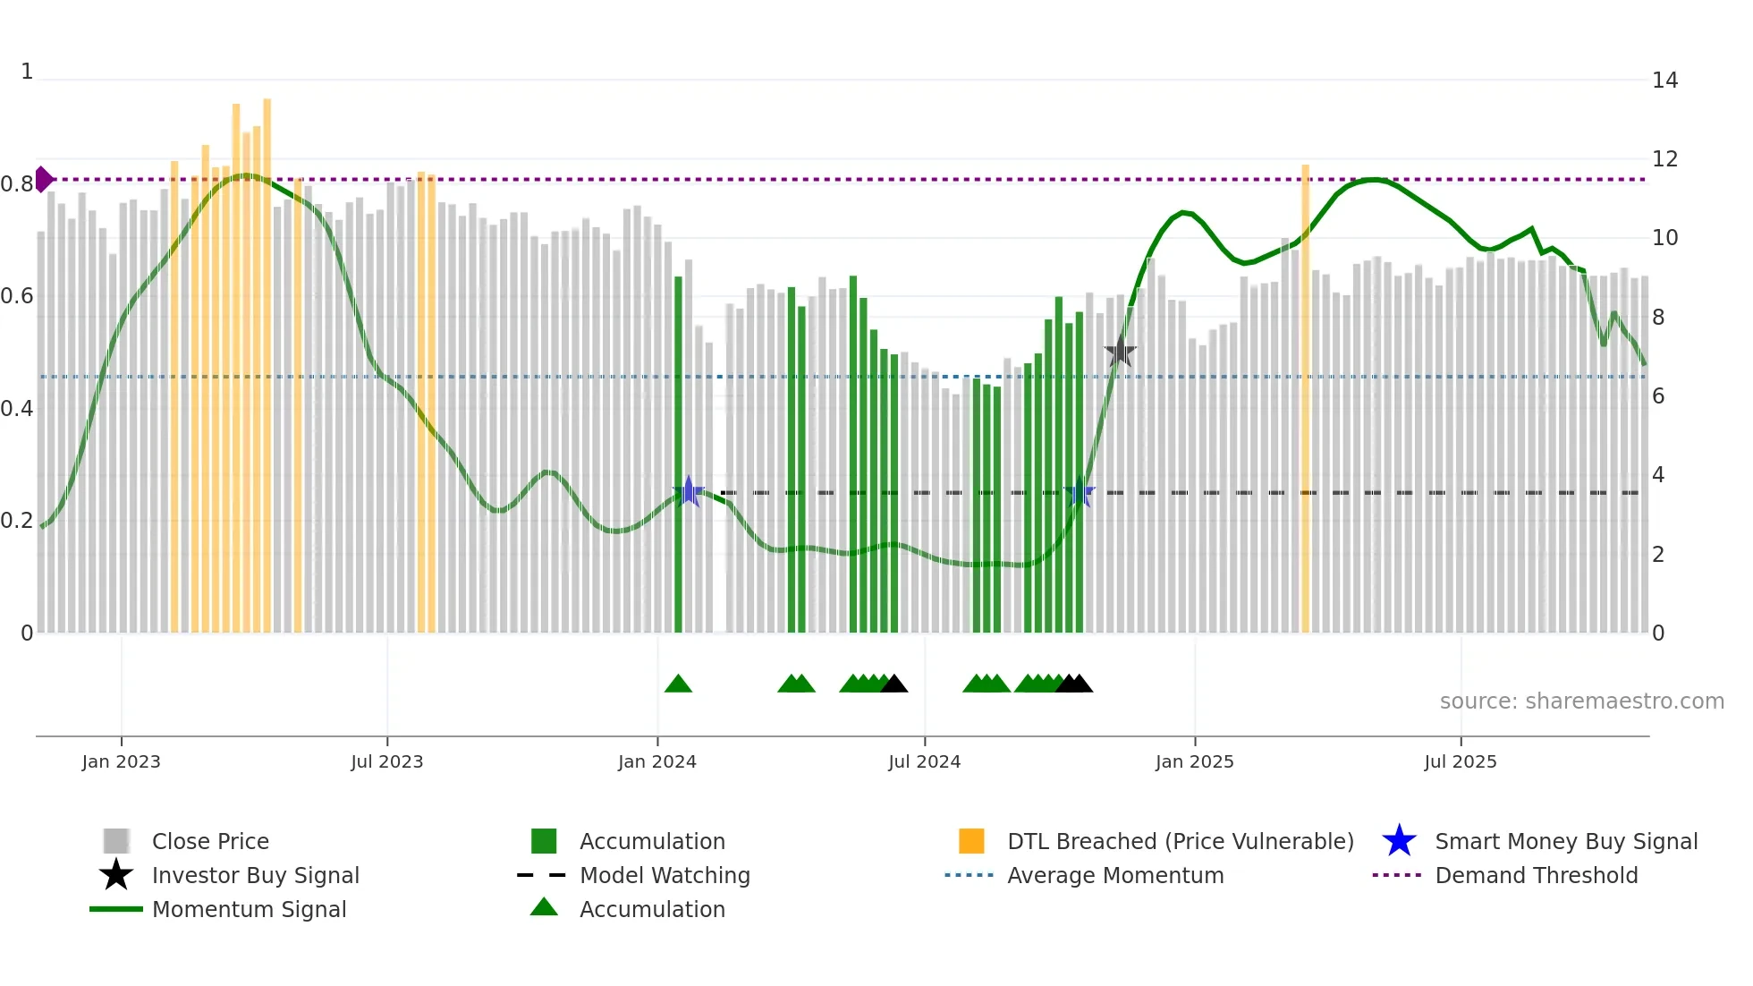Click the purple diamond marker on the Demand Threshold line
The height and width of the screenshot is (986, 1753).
click(x=43, y=179)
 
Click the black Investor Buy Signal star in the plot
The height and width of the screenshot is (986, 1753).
click(x=1120, y=353)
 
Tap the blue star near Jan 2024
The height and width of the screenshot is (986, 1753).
click(x=688, y=491)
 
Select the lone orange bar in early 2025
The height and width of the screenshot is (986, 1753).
click(x=1305, y=398)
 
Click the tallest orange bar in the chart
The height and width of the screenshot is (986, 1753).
click(x=267, y=365)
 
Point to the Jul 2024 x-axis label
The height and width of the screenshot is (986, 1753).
click(x=924, y=761)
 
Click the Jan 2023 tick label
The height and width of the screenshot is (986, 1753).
click(x=121, y=761)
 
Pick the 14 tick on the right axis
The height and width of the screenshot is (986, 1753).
click(x=1664, y=81)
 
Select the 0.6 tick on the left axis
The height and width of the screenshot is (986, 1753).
click(x=16, y=296)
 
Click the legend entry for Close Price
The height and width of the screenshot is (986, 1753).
click(x=210, y=841)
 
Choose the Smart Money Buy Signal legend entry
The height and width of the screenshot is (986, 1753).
click(x=1565, y=841)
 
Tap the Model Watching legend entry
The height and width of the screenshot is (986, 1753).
click(x=664, y=875)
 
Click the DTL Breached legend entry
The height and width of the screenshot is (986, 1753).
click(x=1180, y=841)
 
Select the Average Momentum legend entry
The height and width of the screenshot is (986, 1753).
click(x=1114, y=875)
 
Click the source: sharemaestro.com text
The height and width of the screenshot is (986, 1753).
click(x=1581, y=701)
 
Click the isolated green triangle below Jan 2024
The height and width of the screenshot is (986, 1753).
click(x=678, y=684)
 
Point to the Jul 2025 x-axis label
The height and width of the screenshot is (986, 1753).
click(x=1460, y=761)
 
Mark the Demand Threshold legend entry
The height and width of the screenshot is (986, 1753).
click(x=1536, y=875)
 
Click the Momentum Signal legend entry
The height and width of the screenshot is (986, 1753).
click(x=249, y=909)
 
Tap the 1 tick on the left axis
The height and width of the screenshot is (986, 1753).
click(x=27, y=72)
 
